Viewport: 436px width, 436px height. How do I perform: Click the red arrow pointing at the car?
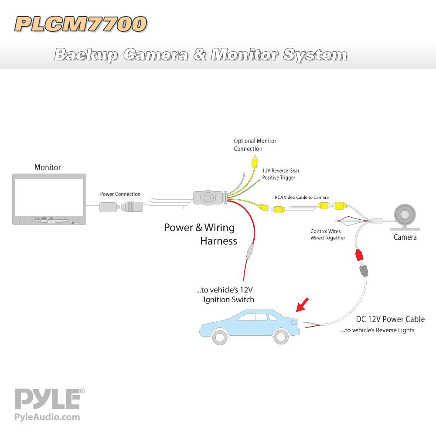302,305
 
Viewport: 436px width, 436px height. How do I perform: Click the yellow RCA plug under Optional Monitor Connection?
254,163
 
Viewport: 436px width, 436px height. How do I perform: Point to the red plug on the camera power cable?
360,255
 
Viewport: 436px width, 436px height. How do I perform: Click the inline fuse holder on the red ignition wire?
249,252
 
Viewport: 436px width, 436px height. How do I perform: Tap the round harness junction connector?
208,198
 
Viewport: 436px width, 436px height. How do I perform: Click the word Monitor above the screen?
48,167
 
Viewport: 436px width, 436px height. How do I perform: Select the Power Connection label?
120,194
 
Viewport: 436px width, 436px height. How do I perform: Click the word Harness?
218,241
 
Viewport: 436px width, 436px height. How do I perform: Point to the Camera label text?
405,238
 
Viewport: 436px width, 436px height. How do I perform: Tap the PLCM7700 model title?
81,24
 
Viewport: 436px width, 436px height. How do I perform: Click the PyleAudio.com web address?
47,417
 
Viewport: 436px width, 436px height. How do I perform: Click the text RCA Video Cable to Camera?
301,198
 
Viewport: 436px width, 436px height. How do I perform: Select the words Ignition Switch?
228,300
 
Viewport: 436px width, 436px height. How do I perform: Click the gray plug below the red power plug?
363,272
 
